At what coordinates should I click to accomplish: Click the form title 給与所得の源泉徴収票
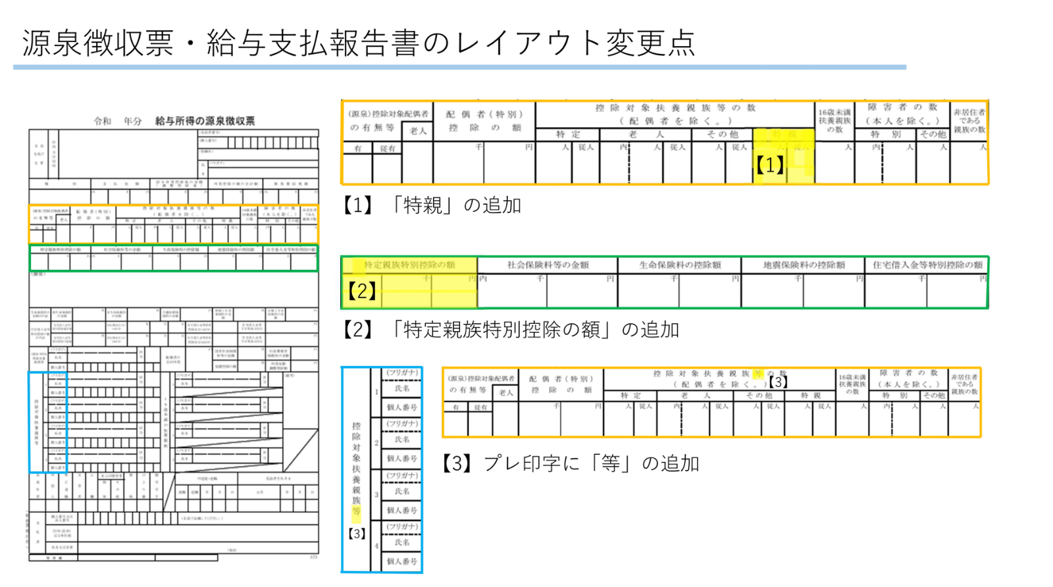pos(205,121)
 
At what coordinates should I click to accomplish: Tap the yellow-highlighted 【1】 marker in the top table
pos(769,165)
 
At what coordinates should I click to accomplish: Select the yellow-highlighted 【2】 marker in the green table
pos(361,290)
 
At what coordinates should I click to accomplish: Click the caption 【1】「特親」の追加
pos(431,205)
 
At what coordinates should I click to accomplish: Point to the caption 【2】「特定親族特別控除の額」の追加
pos(510,329)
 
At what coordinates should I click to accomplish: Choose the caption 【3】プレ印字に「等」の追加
pos(570,463)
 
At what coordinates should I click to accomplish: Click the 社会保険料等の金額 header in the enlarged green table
pos(548,265)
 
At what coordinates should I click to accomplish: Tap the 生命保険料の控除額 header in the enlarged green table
pos(680,265)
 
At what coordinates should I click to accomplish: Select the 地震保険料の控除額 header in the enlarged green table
pos(804,265)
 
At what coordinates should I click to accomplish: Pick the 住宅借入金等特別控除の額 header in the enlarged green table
pos(927,265)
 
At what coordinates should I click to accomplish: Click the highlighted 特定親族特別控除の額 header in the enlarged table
pos(409,265)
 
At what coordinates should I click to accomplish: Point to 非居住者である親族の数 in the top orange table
pos(969,121)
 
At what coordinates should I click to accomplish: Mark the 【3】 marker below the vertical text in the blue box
pos(357,534)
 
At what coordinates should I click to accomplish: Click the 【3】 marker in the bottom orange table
pos(778,382)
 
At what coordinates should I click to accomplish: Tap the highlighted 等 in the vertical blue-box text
pos(356,511)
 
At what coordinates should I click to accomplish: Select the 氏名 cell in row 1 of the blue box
pos(402,389)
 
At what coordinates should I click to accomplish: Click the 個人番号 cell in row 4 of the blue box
pos(402,561)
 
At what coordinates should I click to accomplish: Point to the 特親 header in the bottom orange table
pos(810,396)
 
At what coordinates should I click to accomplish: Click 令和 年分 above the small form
pos(118,121)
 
